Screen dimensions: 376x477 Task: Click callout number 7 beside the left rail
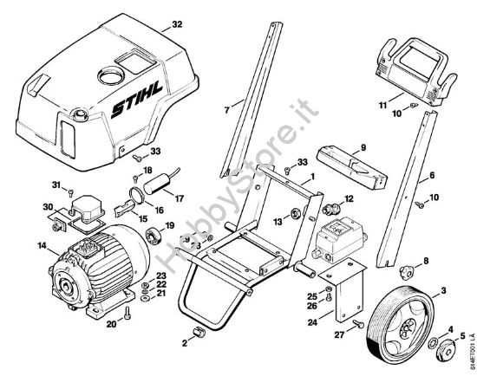click(227, 110)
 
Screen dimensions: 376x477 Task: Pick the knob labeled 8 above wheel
click(402, 263)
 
